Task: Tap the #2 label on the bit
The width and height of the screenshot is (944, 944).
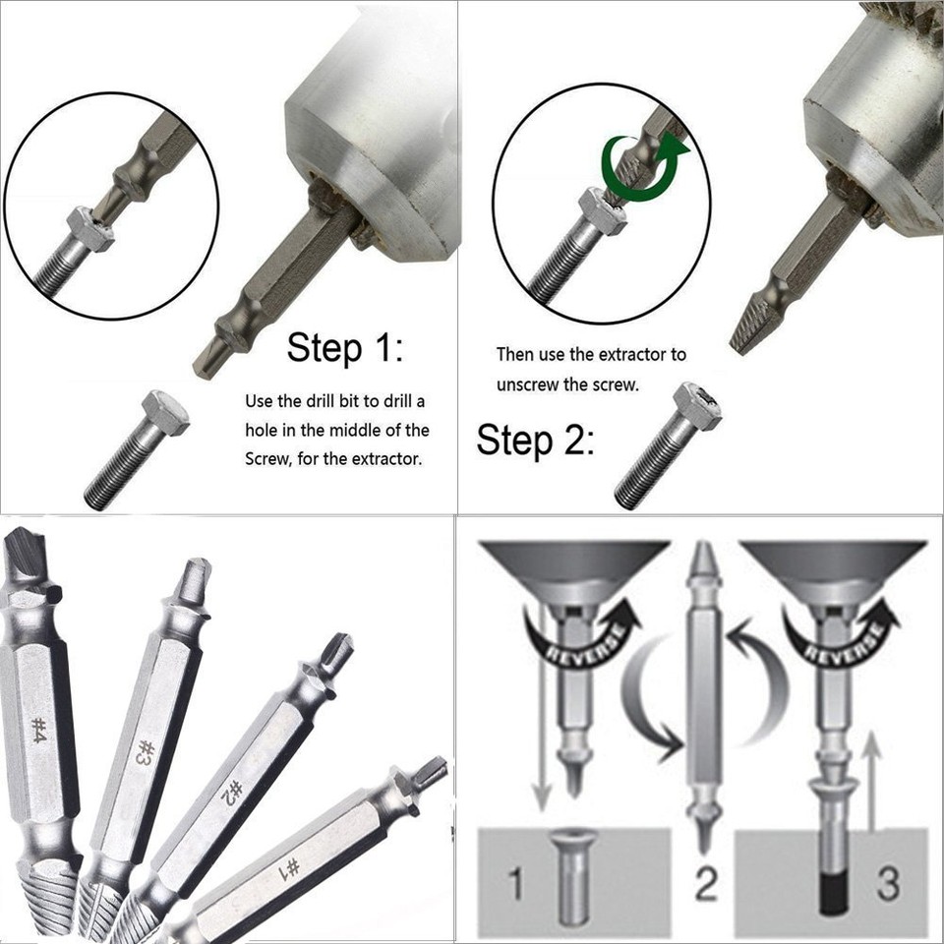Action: (232, 793)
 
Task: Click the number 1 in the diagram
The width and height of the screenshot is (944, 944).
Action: (515, 884)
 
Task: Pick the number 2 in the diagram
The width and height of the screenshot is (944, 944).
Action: (706, 884)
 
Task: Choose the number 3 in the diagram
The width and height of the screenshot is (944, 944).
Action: (887, 883)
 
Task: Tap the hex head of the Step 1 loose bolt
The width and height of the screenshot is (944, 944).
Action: (164, 412)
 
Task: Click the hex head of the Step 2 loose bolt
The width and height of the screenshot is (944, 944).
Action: (697, 405)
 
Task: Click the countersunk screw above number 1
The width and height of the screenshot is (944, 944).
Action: (573, 875)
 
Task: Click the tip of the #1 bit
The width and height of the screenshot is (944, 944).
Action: (429, 772)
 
